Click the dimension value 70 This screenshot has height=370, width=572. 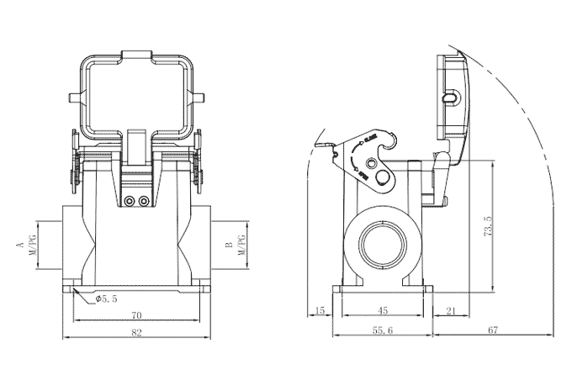pos(135,315)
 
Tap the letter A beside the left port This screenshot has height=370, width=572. pos(18,245)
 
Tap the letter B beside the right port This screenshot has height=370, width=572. pos(229,245)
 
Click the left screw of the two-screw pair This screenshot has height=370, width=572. pos(129,201)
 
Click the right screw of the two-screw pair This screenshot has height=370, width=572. pos(145,201)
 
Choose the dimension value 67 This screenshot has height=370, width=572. pos(492,331)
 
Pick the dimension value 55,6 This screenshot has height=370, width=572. pos(383,331)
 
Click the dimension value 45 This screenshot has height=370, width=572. pos(383,311)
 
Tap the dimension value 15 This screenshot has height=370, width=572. pos(319,311)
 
